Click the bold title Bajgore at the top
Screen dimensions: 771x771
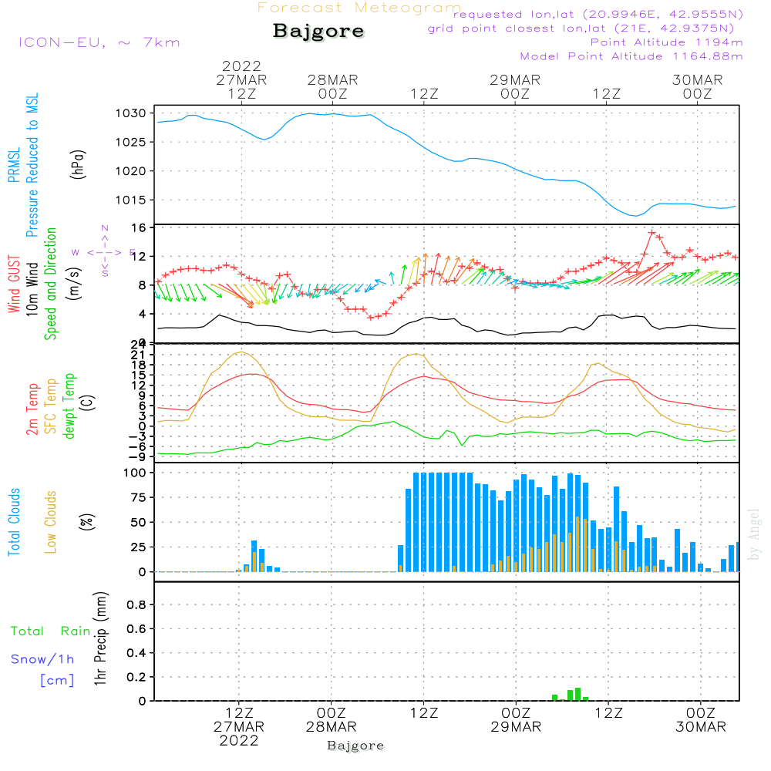tap(318, 32)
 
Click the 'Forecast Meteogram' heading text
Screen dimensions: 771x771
tap(359, 8)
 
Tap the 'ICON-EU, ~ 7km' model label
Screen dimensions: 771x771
tap(99, 42)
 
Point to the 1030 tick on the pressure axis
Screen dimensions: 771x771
tap(132, 113)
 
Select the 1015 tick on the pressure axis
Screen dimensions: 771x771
tap(132, 200)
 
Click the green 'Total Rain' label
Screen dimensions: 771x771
tap(50, 631)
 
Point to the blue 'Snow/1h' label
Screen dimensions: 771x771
tap(42, 659)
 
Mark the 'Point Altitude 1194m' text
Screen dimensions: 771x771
tap(666, 42)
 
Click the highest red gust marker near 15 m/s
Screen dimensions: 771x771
tap(652, 232)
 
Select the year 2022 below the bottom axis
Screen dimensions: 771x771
tap(239, 741)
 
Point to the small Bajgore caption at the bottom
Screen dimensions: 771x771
tap(355, 746)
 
